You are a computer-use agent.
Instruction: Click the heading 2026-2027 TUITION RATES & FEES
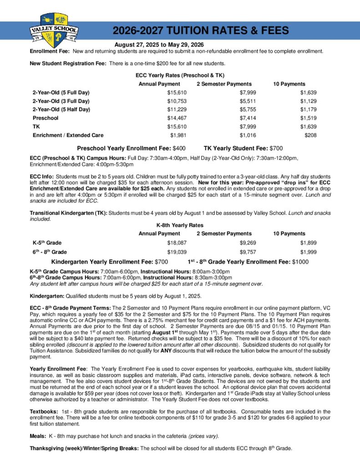click(200, 30)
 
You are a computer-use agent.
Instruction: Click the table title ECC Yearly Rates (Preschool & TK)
click(180, 75)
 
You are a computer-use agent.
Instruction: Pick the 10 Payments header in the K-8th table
click(289, 233)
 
